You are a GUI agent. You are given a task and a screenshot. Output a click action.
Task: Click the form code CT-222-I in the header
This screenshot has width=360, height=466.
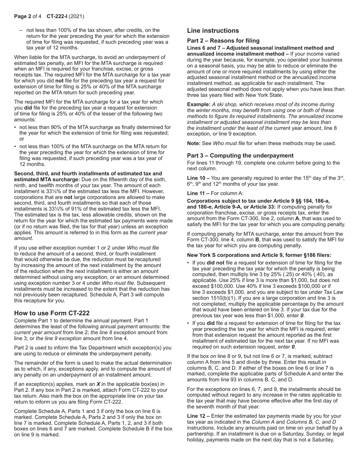pos(58,16)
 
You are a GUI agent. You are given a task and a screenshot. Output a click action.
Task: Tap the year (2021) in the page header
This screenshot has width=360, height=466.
pos(77,16)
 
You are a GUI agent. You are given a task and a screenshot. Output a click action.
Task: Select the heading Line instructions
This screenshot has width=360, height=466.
pos(213,31)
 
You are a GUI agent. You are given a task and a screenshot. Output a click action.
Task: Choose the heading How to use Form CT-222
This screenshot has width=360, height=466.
pos(52,313)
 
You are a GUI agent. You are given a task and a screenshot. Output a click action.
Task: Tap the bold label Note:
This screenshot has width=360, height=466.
pos(194,143)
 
